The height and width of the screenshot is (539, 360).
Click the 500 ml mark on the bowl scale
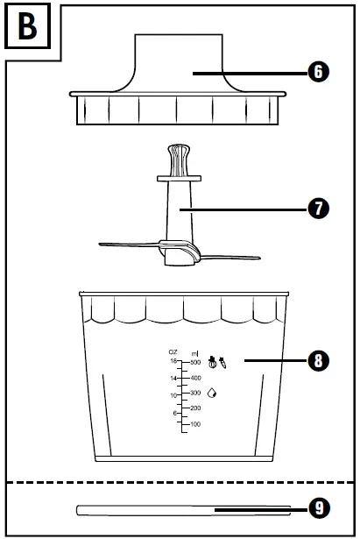196,361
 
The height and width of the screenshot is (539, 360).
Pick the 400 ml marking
196,377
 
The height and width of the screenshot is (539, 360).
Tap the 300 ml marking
196,393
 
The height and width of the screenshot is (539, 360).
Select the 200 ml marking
196,408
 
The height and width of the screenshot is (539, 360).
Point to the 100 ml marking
196,424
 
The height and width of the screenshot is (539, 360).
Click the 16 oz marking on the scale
174,361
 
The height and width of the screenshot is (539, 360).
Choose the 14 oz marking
174,379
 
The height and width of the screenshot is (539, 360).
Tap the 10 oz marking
174,395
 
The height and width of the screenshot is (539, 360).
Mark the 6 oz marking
175,413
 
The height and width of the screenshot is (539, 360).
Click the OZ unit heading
173,352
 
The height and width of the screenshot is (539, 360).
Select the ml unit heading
194,352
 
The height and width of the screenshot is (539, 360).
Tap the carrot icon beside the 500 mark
224,359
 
